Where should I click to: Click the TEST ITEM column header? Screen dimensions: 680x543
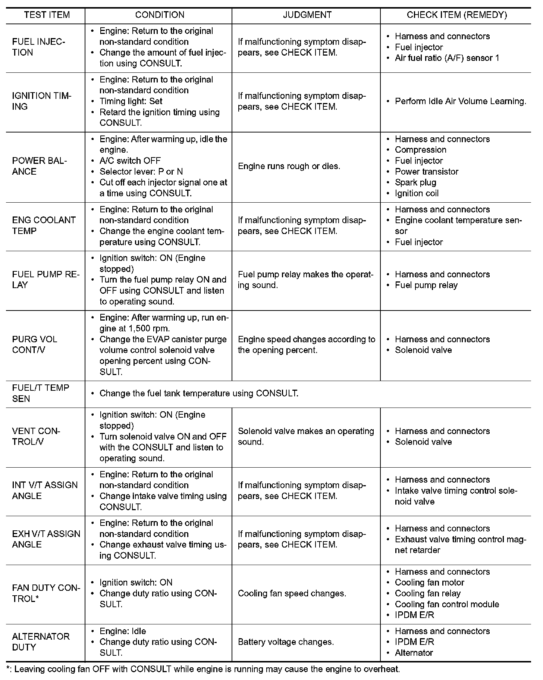point(47,15)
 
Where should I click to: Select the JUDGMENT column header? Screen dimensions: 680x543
point(307,15)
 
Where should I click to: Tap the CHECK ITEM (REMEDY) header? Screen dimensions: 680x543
point(456,15)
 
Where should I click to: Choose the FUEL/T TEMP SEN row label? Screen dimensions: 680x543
point(40,393)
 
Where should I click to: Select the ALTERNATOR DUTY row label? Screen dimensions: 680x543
point(41,642)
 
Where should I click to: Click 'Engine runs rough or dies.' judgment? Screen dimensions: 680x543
point(289,166)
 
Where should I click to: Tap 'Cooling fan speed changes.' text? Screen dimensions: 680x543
point(292,593)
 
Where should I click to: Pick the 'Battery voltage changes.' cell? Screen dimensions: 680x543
point(286,642)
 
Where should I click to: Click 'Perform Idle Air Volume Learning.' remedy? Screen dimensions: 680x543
point(461,101)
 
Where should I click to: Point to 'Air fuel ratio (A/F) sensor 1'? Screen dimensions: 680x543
point(447,58)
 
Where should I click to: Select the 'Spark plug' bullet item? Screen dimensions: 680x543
point(415,183)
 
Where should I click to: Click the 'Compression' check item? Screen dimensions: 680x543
point(420,150)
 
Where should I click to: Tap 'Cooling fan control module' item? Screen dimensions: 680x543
point(447,604)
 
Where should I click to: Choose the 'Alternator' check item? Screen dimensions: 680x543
point(414,653)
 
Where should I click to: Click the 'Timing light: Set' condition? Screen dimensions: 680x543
point(131,101)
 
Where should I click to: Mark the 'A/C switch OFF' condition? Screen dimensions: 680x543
point(130,161)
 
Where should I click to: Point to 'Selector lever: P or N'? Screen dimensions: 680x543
point(141,172)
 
